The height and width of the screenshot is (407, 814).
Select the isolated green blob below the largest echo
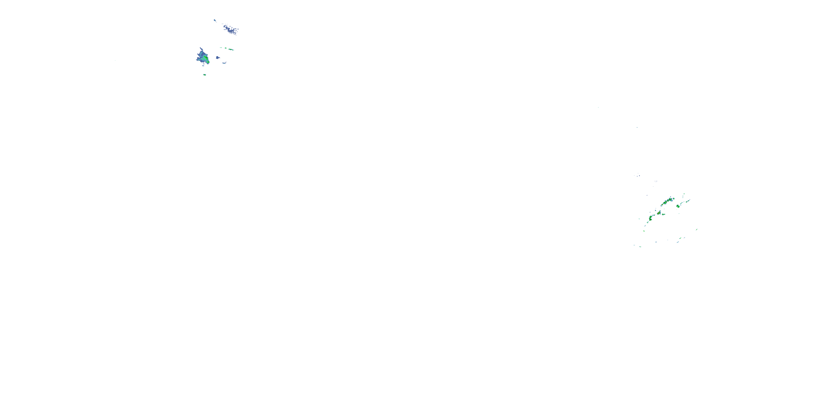(x=204, y=75)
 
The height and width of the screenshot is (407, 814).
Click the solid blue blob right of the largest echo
(x=217, y=58)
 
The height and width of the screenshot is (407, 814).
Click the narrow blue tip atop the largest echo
(x=201, y=49)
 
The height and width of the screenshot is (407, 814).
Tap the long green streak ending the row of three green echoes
(x=231, y=50)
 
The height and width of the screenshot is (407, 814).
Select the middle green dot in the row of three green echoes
(x=226, y=48)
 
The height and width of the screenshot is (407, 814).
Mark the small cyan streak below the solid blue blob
(x=224, y=63)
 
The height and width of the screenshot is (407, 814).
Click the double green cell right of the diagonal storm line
(x=678, y=206)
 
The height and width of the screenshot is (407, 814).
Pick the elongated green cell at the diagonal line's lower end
(x=651, y=218)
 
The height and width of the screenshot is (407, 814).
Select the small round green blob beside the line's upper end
(x=673, y=199)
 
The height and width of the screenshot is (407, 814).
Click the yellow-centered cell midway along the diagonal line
(x=659, y=213)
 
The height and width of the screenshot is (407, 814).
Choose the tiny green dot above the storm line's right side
(x=684, y=194)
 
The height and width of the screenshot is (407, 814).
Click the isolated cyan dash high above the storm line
(x=637, y=127)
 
